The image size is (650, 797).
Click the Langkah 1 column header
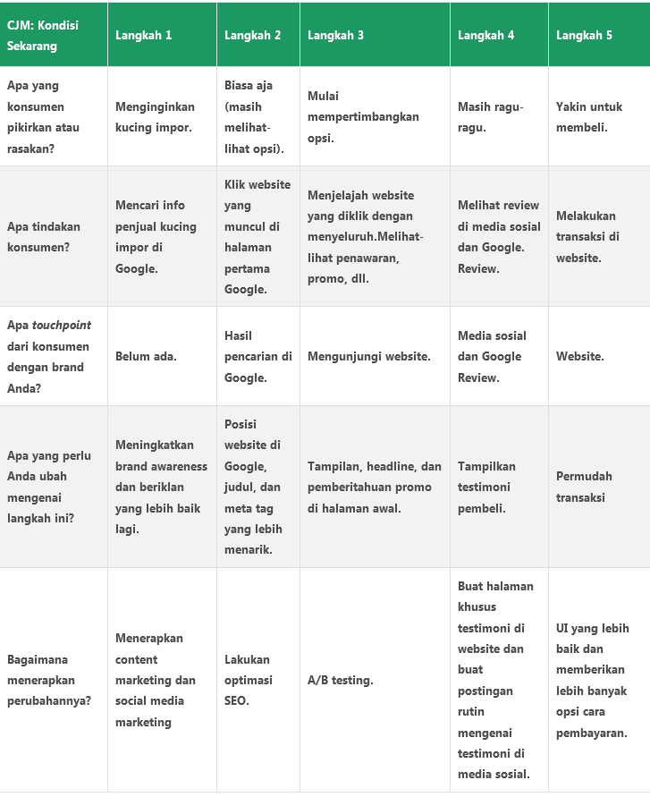[x=144, y=36]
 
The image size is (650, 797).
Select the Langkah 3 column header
[x=335, y=36]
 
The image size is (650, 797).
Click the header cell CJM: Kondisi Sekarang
[x=43, y=36]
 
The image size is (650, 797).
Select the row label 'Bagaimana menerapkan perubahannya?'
[x=48, y=680]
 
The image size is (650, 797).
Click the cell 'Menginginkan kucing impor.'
[x=154, y=117]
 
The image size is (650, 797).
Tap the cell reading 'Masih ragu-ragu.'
[x=490, y=117]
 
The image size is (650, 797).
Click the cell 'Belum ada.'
[x=146, y=356]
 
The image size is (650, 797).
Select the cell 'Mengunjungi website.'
[x=368, y=356]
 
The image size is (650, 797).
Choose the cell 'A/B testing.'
[x=340, y=680]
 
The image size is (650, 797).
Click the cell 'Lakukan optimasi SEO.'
[x=247, y=680]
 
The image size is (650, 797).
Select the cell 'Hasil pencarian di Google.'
[x=257, y=356]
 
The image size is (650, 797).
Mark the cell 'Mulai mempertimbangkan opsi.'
[x=362, y=117]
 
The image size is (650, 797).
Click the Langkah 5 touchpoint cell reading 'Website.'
[x=579, y=356]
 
